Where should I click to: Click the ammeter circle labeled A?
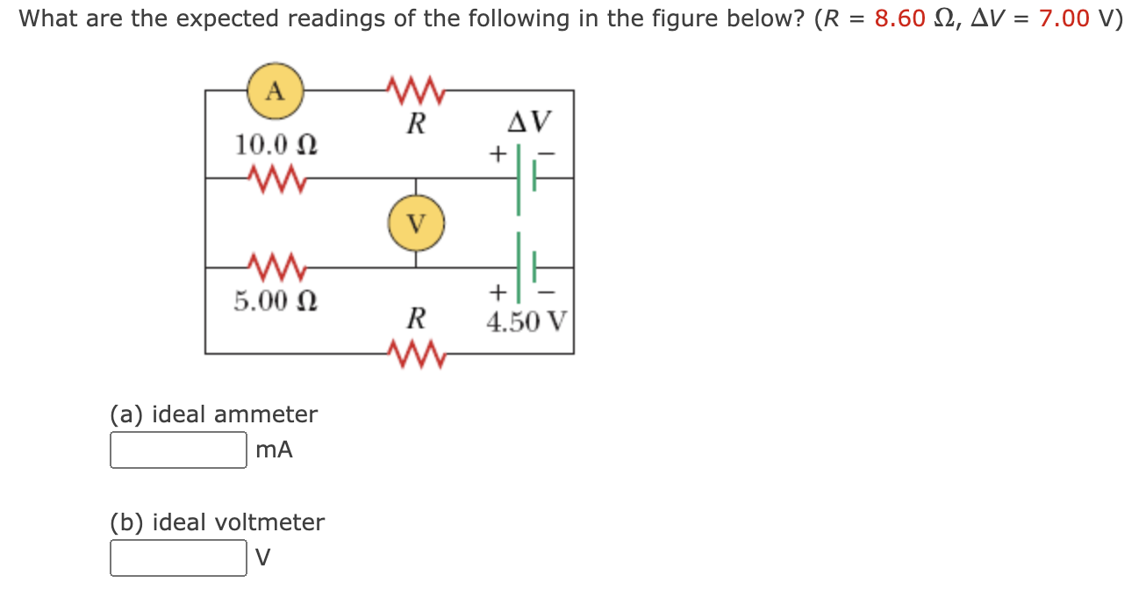pos(276,90)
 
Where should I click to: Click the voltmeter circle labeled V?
pos(416,223)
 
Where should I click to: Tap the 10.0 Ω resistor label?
pos(276,143)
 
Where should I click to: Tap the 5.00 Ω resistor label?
pos(276,301)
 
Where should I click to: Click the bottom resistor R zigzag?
pos(416,354)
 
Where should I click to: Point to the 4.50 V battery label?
pos(526,321)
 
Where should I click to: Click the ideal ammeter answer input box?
pos(178,450)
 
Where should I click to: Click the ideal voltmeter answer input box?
pos(178,558)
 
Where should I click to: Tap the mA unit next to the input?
pos(275,450)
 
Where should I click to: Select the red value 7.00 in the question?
pos(1064,19)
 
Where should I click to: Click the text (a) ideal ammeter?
pos(214,414)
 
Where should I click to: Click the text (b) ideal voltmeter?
pos(218,522)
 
